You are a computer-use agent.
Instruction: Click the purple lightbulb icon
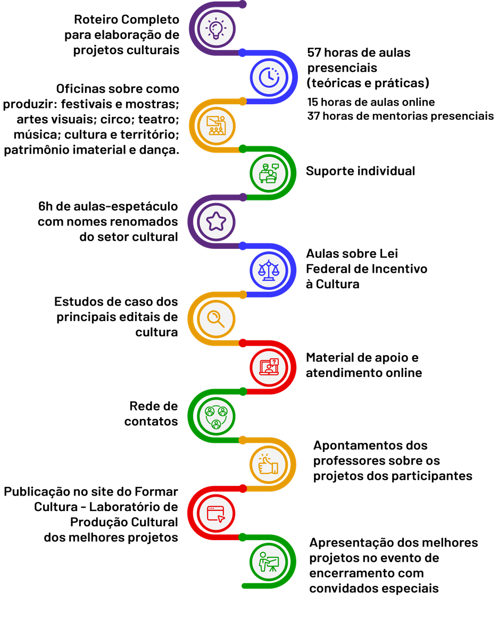[x=216, y=29]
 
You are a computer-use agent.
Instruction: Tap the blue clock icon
[x=269, y=77]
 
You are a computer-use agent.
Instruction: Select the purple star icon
[x=216, y=221]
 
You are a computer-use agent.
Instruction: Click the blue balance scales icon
[x=269, y=270]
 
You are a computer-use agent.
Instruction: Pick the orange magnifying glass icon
[x=216, y=319]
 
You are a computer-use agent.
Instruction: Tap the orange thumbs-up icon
[x=268, y=464]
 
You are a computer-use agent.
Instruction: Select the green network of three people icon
[x=216, y=417]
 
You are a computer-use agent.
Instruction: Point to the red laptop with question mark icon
[x=269, y=367]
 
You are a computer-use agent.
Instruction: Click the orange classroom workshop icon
[x=216, y=125]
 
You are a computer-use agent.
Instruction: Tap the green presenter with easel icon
[x=269, y=561]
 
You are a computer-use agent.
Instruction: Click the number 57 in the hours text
[x=314, y=53]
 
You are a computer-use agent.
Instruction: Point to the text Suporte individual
[x=360, y=171]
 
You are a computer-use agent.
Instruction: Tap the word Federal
[x=327, y=269]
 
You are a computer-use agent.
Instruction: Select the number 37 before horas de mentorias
[x=313, y=116]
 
